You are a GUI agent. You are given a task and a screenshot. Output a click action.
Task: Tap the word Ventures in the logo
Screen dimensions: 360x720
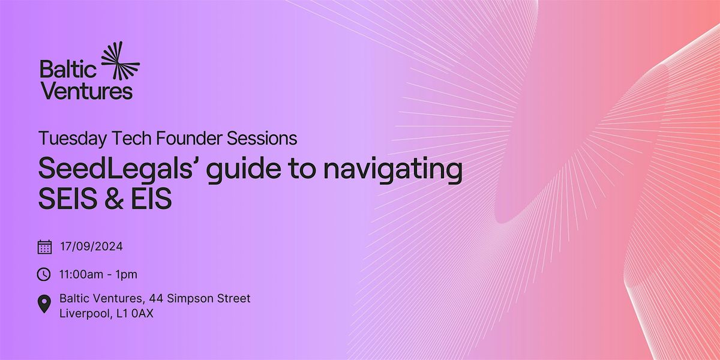coord(86,91)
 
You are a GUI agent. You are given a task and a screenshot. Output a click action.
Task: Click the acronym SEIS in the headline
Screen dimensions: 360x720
coord(67,200)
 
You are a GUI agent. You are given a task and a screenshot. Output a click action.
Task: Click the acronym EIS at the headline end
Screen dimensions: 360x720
coord(152,200)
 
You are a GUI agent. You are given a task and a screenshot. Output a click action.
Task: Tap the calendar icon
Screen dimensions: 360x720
coord(44,247)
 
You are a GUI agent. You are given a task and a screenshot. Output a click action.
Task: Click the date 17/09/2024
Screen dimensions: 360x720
coord(92,246)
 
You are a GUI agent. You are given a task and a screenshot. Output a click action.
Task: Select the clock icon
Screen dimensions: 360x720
coord(44,274)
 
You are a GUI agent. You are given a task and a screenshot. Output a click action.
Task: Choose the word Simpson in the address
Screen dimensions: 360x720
coord(200,298)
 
